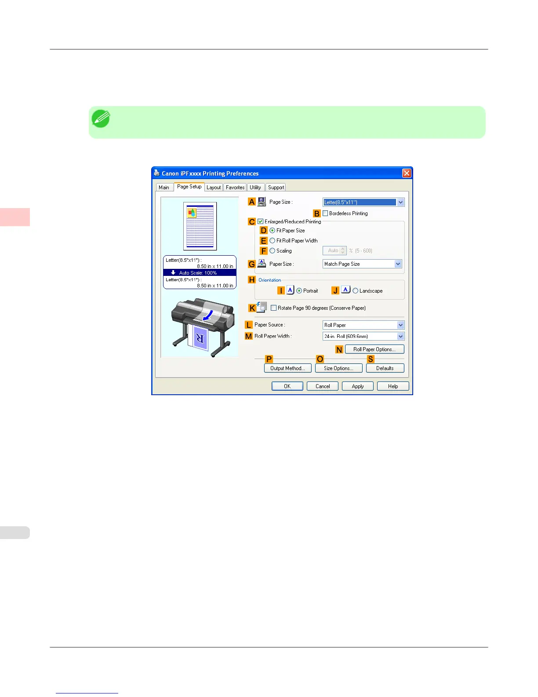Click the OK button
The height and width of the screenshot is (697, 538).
287,386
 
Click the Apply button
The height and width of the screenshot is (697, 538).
358,386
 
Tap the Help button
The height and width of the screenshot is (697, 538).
393,386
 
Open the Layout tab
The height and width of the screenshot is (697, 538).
214,187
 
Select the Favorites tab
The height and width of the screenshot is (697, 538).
235,187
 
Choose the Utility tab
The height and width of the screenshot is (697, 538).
255,187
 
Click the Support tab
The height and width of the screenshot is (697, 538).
276,187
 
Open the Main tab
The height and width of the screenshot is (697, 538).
164,187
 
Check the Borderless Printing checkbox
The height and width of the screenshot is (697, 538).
325,213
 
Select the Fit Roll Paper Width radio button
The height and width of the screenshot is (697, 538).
273,241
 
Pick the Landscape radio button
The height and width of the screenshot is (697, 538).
356,291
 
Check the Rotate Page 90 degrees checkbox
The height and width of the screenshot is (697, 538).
274,308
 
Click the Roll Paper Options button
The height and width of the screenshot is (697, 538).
374,349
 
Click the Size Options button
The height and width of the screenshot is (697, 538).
338,368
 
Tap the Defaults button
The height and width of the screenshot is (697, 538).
385,368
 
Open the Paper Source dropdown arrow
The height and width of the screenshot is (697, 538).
400,325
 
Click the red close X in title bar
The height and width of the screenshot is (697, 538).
407,173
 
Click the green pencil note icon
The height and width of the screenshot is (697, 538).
101,119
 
